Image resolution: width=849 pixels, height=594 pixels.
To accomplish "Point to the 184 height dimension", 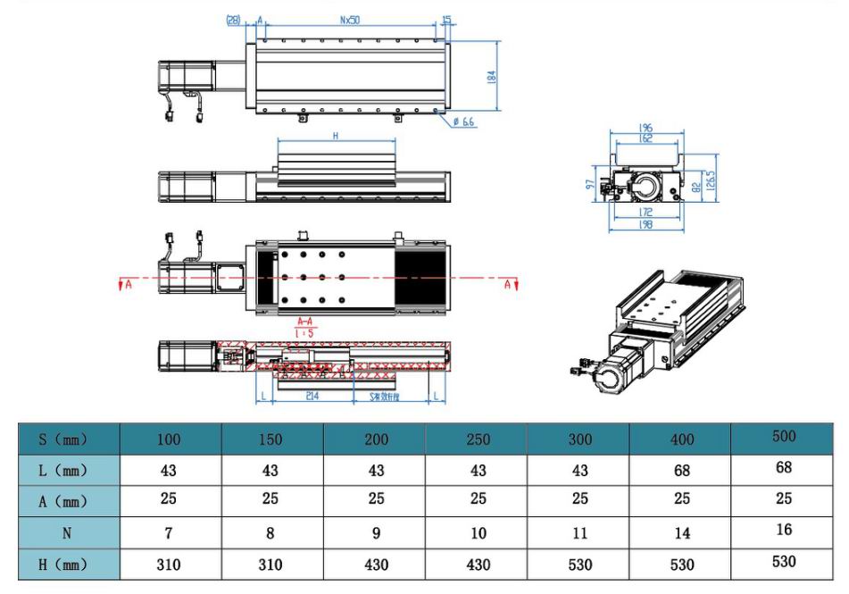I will click(x=490, y=77).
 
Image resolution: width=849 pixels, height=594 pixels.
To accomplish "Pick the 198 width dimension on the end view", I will click(x=645, y=225).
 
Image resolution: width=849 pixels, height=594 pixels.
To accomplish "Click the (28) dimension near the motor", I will click(x=235, y=20).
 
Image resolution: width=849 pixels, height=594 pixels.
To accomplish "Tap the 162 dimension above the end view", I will click(x=645, y=138).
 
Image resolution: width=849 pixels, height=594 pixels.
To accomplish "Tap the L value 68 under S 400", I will click(x=680, y=471).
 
